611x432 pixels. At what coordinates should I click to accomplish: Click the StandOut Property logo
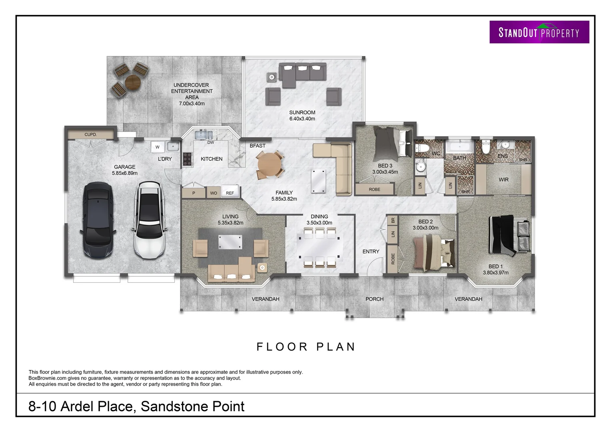click(539, 32)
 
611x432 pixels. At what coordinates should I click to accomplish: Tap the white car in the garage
click(149, 220)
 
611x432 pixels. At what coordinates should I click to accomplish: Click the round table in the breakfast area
click(270, 164)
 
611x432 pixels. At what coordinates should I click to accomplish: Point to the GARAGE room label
click(124, 167)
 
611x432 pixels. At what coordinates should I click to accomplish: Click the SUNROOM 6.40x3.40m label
click(302, 115)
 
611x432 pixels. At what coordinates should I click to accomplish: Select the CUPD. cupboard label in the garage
click(91, 134)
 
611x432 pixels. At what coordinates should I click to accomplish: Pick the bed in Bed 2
click(434, 252)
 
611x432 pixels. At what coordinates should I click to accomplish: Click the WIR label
click(503, 180)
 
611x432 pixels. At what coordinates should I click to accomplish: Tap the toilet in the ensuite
click(486, 147)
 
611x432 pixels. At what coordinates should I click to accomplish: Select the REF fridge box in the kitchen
click(230, 192)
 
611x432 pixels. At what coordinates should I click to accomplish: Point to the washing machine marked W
click(158, 147)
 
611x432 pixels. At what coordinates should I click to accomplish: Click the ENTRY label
click(371, 252)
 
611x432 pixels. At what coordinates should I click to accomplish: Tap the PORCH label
click(374, 299)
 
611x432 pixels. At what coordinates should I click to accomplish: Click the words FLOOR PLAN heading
click(306, 346)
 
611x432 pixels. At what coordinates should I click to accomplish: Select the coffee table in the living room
click(230, 242)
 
